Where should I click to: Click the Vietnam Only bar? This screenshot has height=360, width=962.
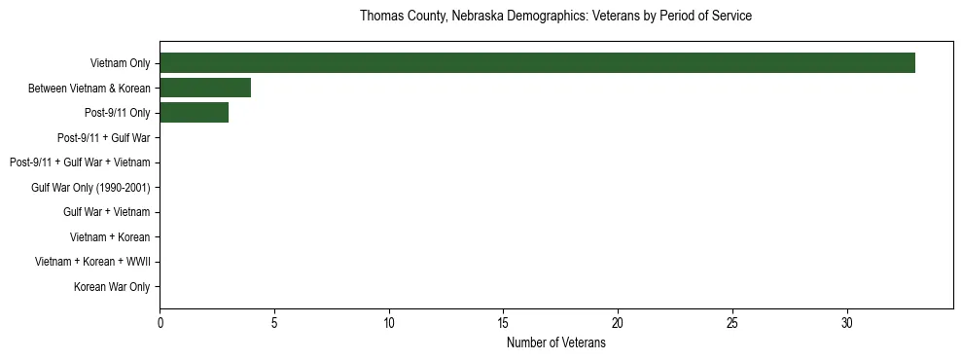pyautogui.click(x=537, y=63)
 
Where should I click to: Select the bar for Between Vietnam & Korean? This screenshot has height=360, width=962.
pyautogui.click(x=205, y=89)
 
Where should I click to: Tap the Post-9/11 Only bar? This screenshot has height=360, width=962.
pyautogui.click(x=194, y=113)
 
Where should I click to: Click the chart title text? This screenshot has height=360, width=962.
pyautogui.click(x=555, y=17)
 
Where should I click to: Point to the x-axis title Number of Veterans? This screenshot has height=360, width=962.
pyautogui.click(x=555, y=343)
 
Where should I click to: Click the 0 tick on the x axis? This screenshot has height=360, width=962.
pyautogui.click(x=160, y=323)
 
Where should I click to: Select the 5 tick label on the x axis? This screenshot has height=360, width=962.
pyautogui.click(x=274, y=323)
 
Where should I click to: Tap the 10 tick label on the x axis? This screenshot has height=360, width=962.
pyautogui.click(x=389, y=323)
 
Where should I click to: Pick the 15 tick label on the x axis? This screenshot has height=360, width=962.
pyautogui.click(x=503, y=323)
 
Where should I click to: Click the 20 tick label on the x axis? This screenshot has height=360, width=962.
pyautogui.click(x=618, y=323)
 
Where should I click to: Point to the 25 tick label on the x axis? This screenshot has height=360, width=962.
pyautogui.click(x=732, y=323)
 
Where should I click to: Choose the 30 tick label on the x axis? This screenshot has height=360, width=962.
pyautogui.click(x=847, y=323)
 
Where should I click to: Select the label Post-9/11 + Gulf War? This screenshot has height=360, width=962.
pyautogui.click(x=103, y=138)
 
